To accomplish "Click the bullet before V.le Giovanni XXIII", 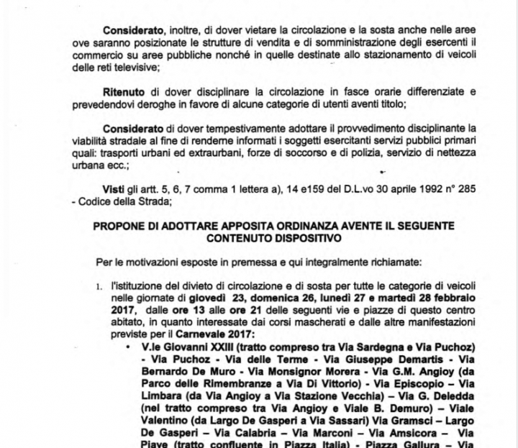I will (x=127, y=347).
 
